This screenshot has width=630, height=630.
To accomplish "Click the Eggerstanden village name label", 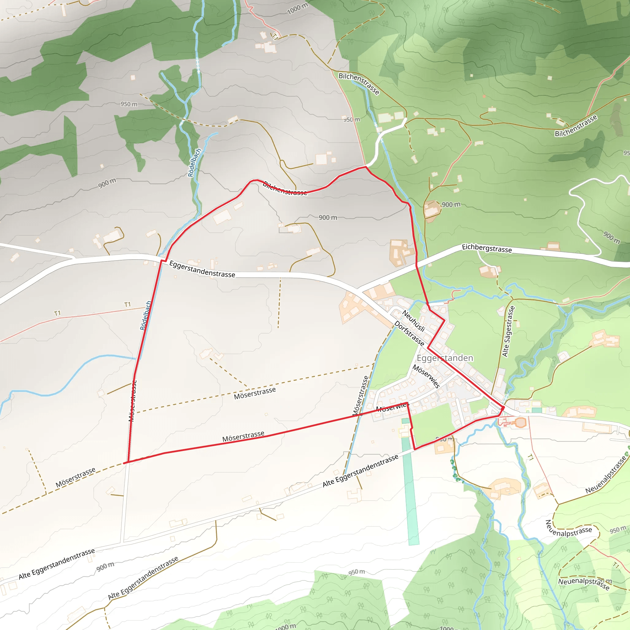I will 445,358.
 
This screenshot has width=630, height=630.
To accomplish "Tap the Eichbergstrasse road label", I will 487,249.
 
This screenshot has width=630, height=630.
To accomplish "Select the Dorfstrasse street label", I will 409,333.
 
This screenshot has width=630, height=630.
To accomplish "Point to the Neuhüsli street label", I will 413,321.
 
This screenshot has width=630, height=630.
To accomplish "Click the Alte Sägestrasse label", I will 508,331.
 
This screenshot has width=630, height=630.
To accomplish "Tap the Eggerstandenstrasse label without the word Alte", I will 202,269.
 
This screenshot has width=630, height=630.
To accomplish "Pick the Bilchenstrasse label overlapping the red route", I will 285,189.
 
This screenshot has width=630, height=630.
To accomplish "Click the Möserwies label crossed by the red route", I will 392,407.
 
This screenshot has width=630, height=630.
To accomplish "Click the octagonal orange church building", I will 520,423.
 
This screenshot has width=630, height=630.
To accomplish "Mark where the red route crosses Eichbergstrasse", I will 417,265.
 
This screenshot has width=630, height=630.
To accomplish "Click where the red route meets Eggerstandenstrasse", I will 163,261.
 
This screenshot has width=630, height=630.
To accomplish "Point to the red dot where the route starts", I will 503,408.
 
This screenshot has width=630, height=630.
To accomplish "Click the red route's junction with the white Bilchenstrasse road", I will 366,167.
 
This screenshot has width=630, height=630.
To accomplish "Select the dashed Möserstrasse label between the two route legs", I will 255,393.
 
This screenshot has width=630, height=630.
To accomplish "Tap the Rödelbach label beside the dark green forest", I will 195,162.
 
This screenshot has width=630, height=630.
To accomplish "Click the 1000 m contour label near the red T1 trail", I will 297,9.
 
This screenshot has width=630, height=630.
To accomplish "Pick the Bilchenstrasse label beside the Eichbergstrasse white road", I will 576,126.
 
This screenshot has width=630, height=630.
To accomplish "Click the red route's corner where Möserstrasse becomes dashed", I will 125,462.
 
